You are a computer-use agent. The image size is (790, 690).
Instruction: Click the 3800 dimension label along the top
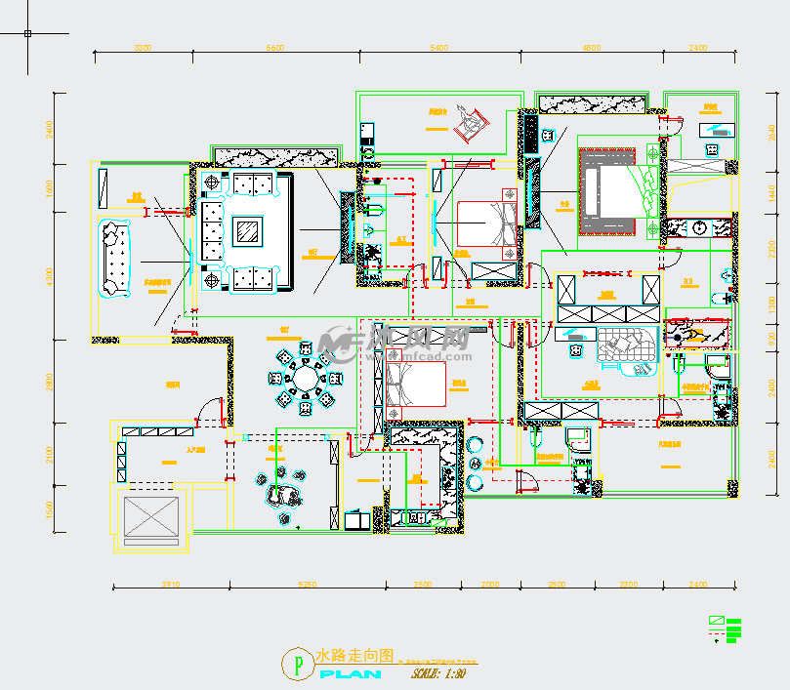(x=144, y=47)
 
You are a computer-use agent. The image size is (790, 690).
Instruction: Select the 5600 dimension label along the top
(x=274, y=47)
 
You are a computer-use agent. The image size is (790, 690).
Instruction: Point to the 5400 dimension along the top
(x=438, y=47)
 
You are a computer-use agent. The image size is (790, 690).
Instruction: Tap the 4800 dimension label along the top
(x=591, y=47)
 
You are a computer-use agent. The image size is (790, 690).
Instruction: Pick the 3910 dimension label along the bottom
(x=171, y=585)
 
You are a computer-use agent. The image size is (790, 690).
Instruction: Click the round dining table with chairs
(x=306, y=378)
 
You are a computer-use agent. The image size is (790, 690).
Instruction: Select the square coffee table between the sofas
(x=245, y=231)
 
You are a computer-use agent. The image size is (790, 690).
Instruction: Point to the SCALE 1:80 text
(x=438, y=673)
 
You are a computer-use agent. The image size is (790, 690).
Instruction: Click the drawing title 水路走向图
(x=353, y=655)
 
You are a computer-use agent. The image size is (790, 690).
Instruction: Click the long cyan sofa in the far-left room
(x=114, y=257)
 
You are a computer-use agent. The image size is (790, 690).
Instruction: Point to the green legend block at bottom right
(x=727, y=629)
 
